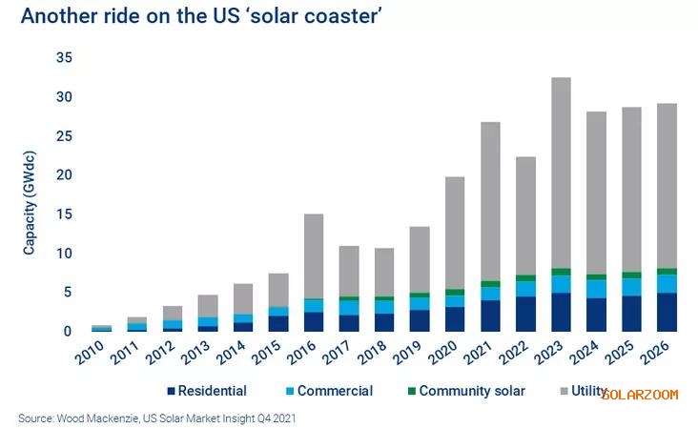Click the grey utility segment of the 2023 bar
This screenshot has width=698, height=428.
click(x=561, y=172)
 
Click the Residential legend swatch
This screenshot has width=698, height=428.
click(x=171, y=391)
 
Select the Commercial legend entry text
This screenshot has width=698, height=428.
click(x=335, y=391)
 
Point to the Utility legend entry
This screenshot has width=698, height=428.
click(x=584, y=391)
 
